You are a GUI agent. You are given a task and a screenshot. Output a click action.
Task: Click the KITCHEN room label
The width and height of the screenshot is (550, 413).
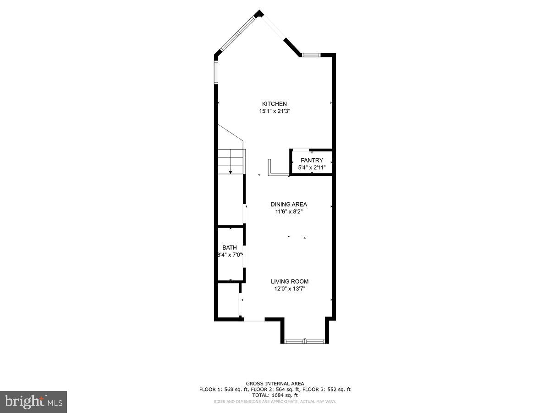point(274,104)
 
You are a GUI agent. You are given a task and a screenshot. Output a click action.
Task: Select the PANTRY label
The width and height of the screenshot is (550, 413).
point(312,160)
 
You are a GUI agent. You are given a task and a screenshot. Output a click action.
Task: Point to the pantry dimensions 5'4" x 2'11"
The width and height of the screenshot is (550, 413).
point(312,167)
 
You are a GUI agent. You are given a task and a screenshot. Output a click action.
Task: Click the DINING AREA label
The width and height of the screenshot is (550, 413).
point(289,204)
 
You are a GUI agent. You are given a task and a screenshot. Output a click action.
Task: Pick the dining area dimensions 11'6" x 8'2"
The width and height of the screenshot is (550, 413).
point(289,212)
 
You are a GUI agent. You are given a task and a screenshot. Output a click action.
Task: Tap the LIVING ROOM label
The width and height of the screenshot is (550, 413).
point(289,281)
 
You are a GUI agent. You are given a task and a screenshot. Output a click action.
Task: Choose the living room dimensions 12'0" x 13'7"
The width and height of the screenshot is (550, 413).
point(289,289)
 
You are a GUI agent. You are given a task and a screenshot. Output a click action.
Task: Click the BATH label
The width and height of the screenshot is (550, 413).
point(230,247)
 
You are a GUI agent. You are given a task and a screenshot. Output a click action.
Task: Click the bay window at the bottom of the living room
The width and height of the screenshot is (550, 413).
point(305,341)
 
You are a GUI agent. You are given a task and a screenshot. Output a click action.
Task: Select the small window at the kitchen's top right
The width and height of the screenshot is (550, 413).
point(310,55)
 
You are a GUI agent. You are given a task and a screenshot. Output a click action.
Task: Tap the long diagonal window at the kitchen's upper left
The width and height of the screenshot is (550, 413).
point(237,33)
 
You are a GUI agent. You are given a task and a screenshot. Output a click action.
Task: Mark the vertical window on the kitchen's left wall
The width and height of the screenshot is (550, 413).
point(216,73)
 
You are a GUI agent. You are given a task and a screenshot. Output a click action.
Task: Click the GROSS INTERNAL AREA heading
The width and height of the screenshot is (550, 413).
point(275,384)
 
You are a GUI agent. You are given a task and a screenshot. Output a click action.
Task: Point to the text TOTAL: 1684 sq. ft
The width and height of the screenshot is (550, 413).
point(275,395)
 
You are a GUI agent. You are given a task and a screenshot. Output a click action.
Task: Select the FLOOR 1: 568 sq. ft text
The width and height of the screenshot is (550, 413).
point(223,390)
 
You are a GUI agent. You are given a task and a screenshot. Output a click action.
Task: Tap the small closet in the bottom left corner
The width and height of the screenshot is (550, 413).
point(228,301)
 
